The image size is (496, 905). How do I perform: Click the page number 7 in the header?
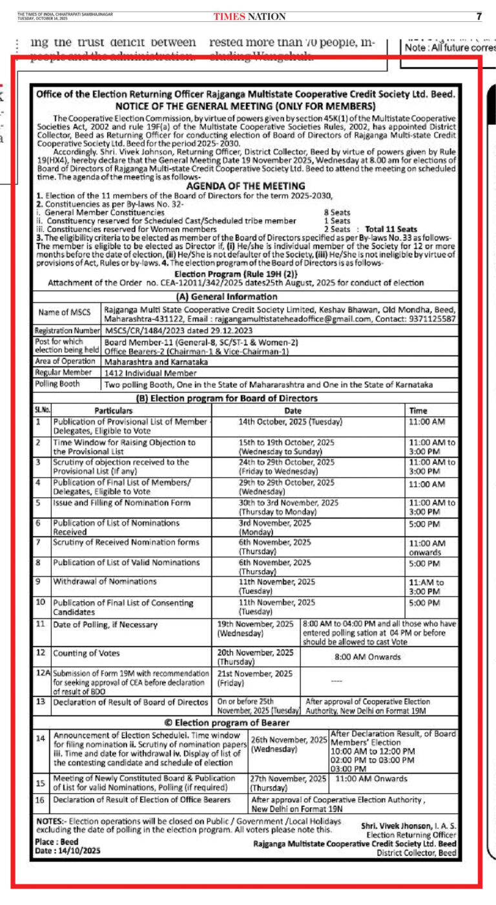[x=479, y=16]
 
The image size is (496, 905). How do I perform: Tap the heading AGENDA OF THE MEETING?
[x=245, y=186]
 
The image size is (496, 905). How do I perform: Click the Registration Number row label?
[x=67, y=330]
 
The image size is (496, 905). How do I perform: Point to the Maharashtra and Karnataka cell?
[x=156, y=362]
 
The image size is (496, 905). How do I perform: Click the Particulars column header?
[x=113, y=410]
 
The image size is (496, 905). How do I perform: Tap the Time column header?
[x=418, y=410]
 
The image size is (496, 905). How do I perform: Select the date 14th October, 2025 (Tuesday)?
[x=290, y=421]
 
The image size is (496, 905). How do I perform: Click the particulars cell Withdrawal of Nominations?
[x=105, y=582]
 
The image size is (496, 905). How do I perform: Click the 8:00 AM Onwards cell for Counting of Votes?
[x=367, y=657]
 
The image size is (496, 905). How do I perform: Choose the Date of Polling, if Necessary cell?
[x=105, y=624]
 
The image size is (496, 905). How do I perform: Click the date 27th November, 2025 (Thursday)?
[x=288, y=783]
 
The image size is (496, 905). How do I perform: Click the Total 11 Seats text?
[x=391, y=229]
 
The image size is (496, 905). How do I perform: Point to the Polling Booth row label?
[x=57, y=384]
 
